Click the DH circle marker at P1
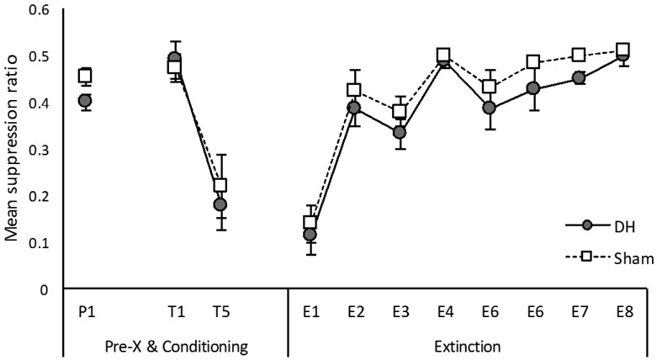tap(84, 101)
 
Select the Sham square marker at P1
tap(84, 76)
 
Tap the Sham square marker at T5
tap(220, 186)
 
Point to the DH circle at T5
tap(220, 204)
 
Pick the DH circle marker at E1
tap(310, 235)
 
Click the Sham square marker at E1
tap(310, 223)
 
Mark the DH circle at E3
tap(399, 132)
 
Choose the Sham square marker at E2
tap(354, 90)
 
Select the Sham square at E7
tap(579, 55)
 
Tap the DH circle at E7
tap(579, 77)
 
